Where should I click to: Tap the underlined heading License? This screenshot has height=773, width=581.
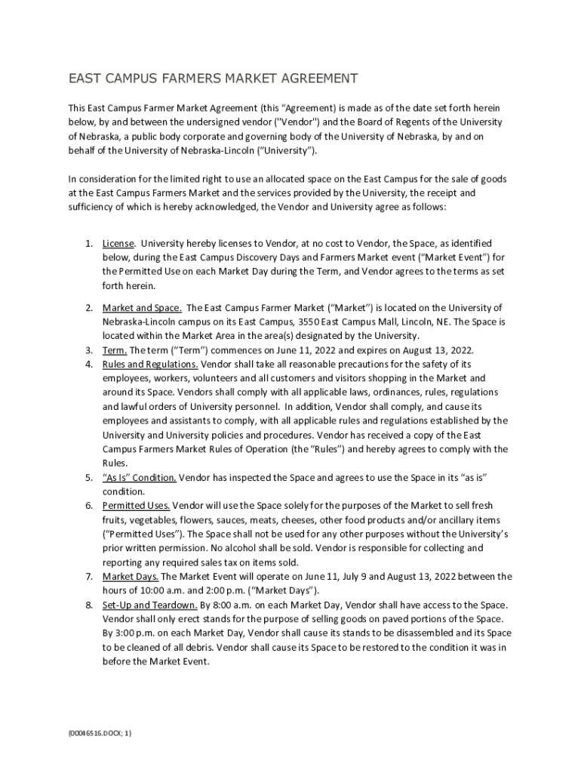118,244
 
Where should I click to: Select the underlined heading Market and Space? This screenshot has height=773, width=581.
142,308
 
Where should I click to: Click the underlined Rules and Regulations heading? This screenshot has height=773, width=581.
146,364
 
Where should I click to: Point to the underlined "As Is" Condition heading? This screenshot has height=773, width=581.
140,478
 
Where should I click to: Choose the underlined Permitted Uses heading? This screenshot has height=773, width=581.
136,506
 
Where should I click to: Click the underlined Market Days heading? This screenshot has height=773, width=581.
131,577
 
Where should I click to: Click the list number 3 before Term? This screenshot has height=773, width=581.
88,350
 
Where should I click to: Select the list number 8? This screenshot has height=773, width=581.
88,605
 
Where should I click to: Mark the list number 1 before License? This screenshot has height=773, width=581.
88,244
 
